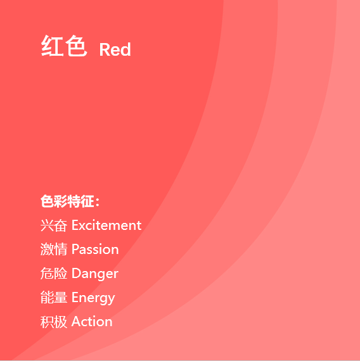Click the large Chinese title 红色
point(64,46)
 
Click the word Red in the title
point(115,49)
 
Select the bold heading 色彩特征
point(67,201)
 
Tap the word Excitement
point(106,225)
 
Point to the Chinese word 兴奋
point(54,225)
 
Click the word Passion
point(95,249)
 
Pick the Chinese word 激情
point(54,249)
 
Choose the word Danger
point(95,274)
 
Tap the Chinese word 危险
point(54,273)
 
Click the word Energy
point(93,298)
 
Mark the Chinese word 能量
point(54,297)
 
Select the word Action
point(92,321)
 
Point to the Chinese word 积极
point(54,322)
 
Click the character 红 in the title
point(52,46)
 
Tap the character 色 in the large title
point(76,46)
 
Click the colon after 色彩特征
point(97,202)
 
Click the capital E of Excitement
point(75,225)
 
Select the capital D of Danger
point(77,273)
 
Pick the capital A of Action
point(77,321)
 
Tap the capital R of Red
point(104,49)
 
